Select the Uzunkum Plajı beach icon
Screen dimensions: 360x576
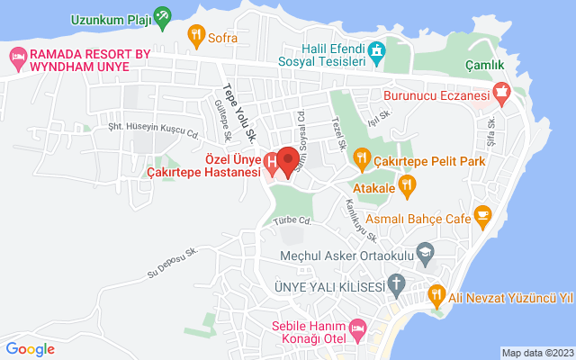[x=162, y=15]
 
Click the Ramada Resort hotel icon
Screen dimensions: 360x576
[x=17, y=58]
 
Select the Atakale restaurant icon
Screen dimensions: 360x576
[x=407, y=186]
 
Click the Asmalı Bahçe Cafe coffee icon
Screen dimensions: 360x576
[x=483, y=215]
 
